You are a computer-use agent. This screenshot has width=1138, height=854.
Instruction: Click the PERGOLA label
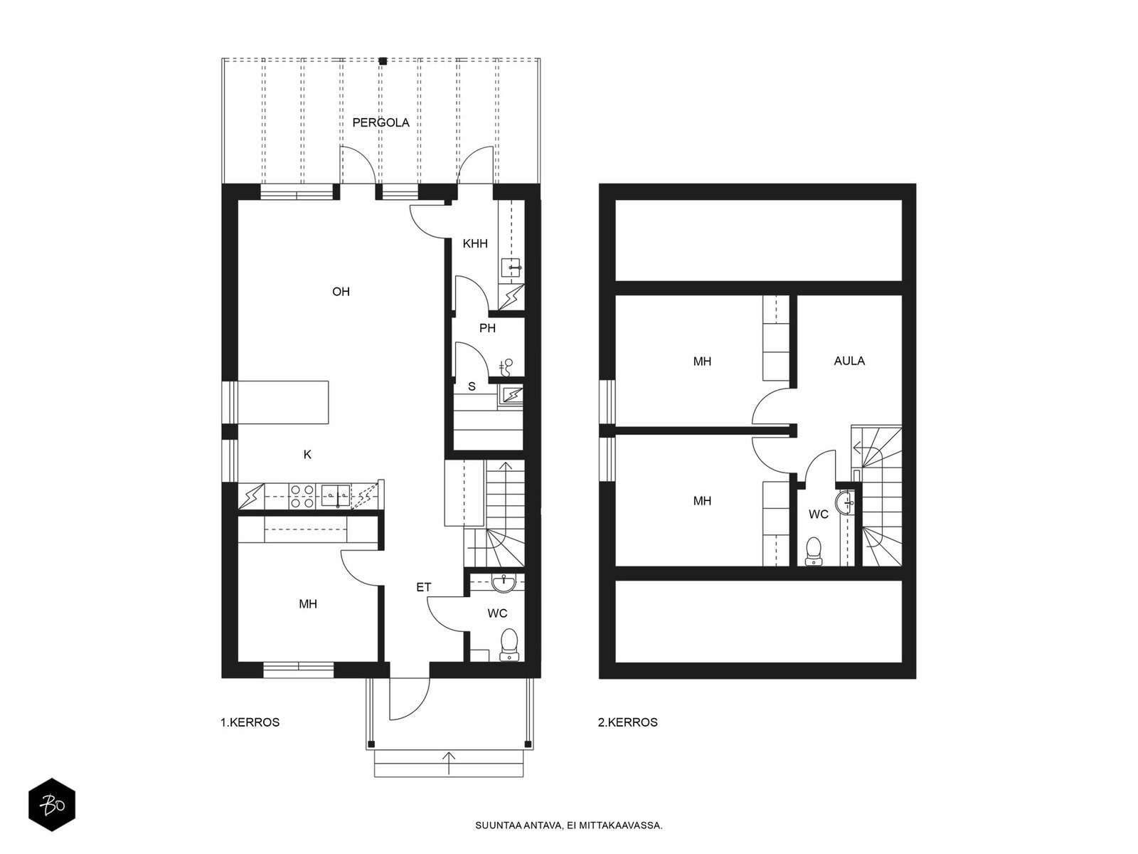point(381,123)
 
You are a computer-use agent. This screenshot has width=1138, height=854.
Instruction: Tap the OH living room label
point(341,292)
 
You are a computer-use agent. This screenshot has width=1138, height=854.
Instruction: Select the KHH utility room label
point(475,243)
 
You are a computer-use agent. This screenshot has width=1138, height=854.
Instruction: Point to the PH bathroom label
point(487,328)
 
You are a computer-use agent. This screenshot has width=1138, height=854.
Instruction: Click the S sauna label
point(472,386)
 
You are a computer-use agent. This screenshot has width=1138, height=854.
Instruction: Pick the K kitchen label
point(307,455)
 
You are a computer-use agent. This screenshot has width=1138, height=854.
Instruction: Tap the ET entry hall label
point(424,587)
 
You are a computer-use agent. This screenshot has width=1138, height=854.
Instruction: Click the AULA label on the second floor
point(849,361)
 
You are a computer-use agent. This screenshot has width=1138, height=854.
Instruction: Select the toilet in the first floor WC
point(509,645)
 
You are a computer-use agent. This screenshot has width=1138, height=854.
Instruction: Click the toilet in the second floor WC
point(814,551)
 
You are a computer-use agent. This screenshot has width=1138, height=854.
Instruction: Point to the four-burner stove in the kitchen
point(302,496)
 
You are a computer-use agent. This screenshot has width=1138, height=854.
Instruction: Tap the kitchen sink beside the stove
point(336,496)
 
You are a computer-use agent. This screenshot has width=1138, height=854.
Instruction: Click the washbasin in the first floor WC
point(504,583)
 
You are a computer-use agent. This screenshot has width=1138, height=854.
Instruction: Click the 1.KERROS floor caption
point(250,722)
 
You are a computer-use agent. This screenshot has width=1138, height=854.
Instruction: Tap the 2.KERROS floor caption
point(627,722)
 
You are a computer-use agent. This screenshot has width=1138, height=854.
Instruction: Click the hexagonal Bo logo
point(52,805)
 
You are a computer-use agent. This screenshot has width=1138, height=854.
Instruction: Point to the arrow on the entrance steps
point(449,763)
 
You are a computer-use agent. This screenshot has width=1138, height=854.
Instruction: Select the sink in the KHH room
point(511,268)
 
